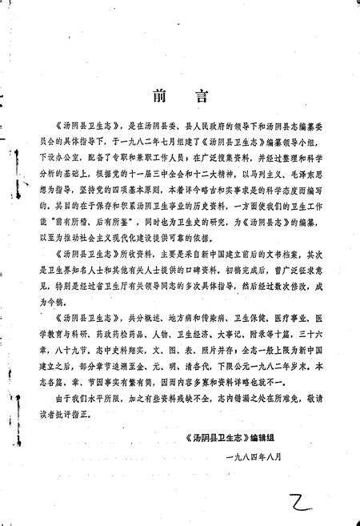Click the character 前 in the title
click(158, 98)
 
